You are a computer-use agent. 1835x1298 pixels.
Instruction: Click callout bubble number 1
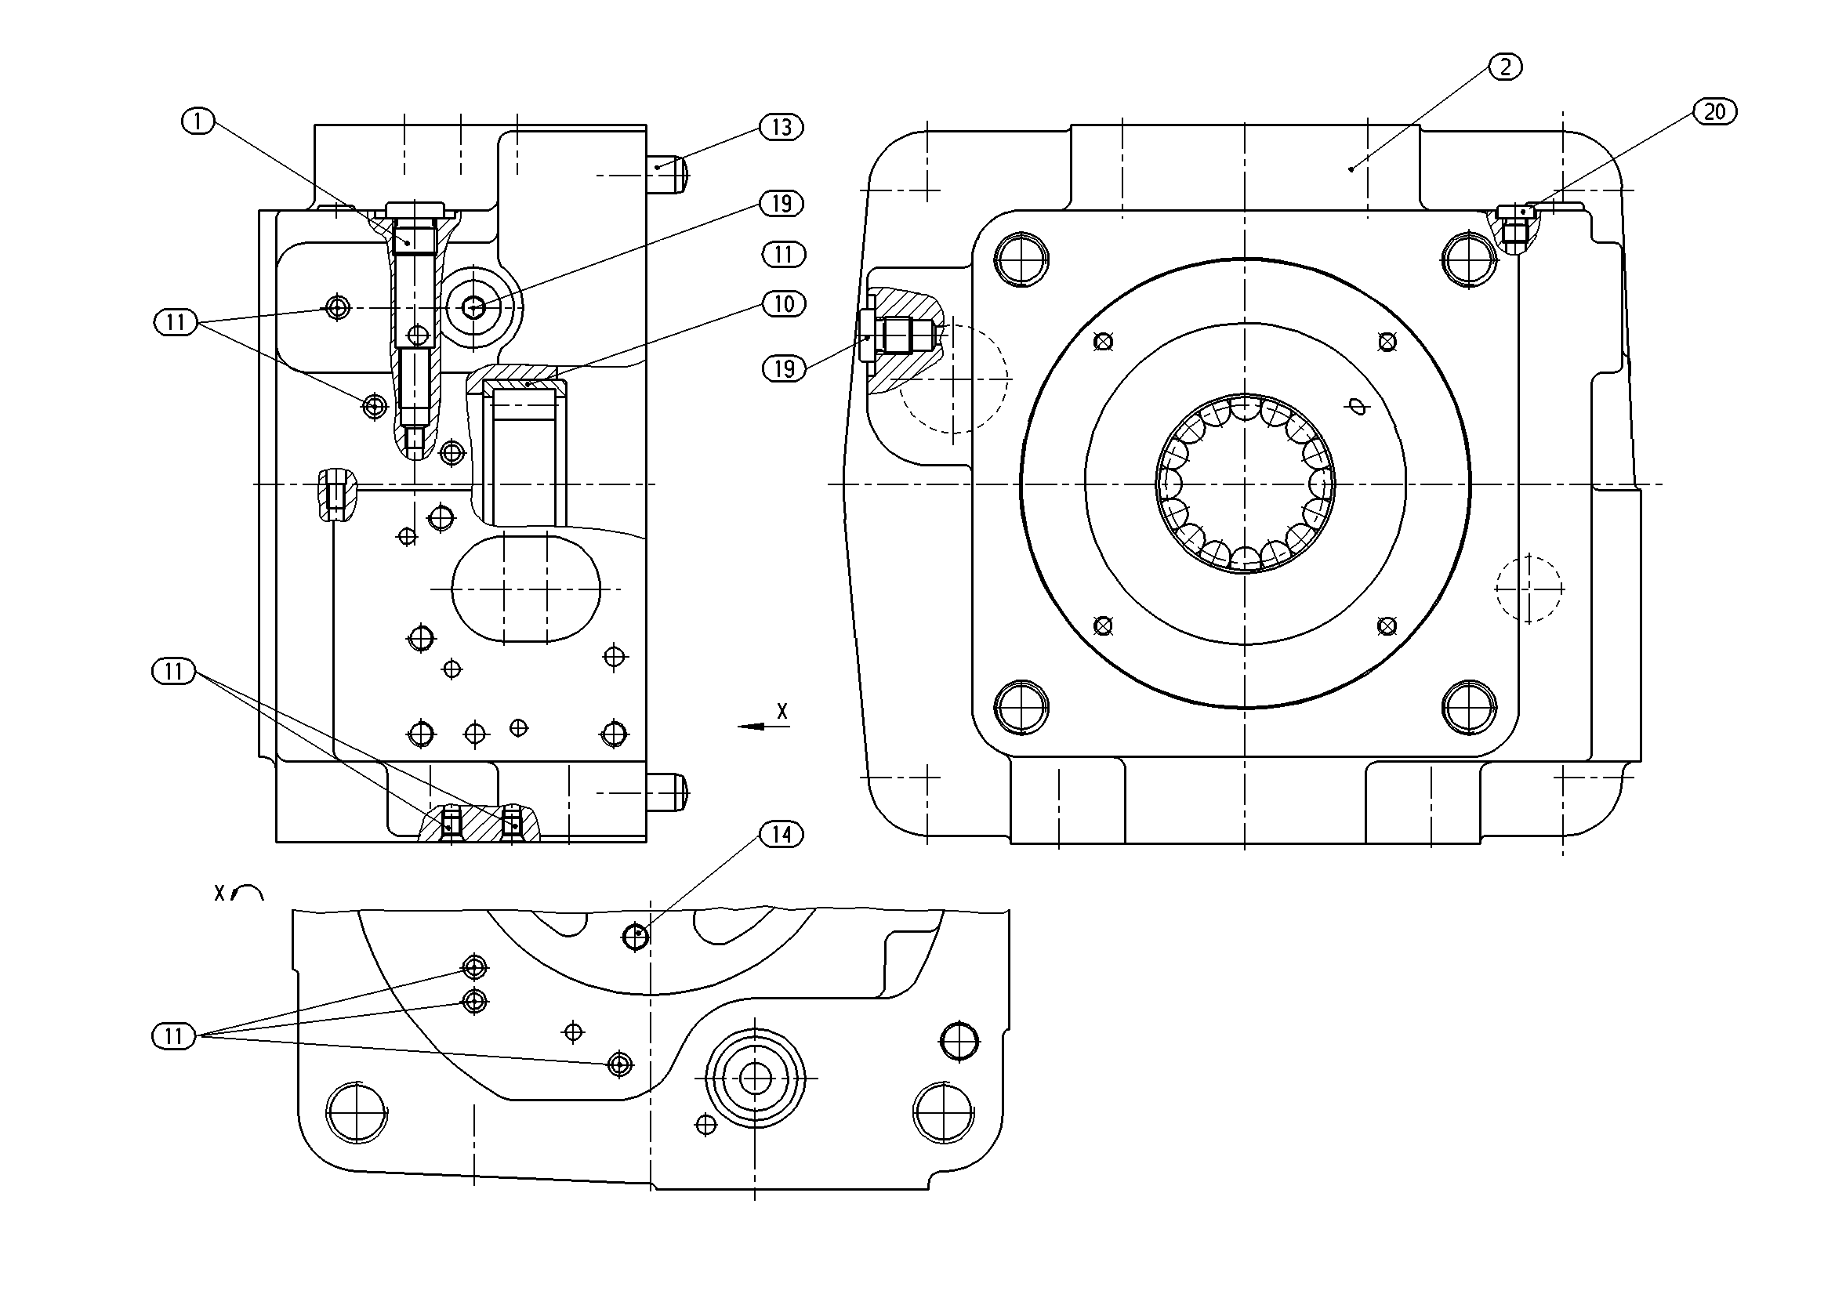point(198,121)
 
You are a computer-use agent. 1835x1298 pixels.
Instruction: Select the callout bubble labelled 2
point(1505,67)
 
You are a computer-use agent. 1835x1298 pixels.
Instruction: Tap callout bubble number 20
point(1714,112)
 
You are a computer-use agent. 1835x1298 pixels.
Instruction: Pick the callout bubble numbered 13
point(781,127)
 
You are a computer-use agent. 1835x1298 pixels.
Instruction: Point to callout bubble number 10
point(783,303)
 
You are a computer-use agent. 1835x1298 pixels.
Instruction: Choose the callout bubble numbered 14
point(781,836)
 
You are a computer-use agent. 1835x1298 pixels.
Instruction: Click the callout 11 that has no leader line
point(783,255)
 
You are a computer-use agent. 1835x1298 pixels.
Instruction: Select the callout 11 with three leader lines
point(173,1037)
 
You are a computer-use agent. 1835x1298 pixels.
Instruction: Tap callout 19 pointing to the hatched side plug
point(783,368)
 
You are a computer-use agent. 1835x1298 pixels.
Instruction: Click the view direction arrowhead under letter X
point(752,727)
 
